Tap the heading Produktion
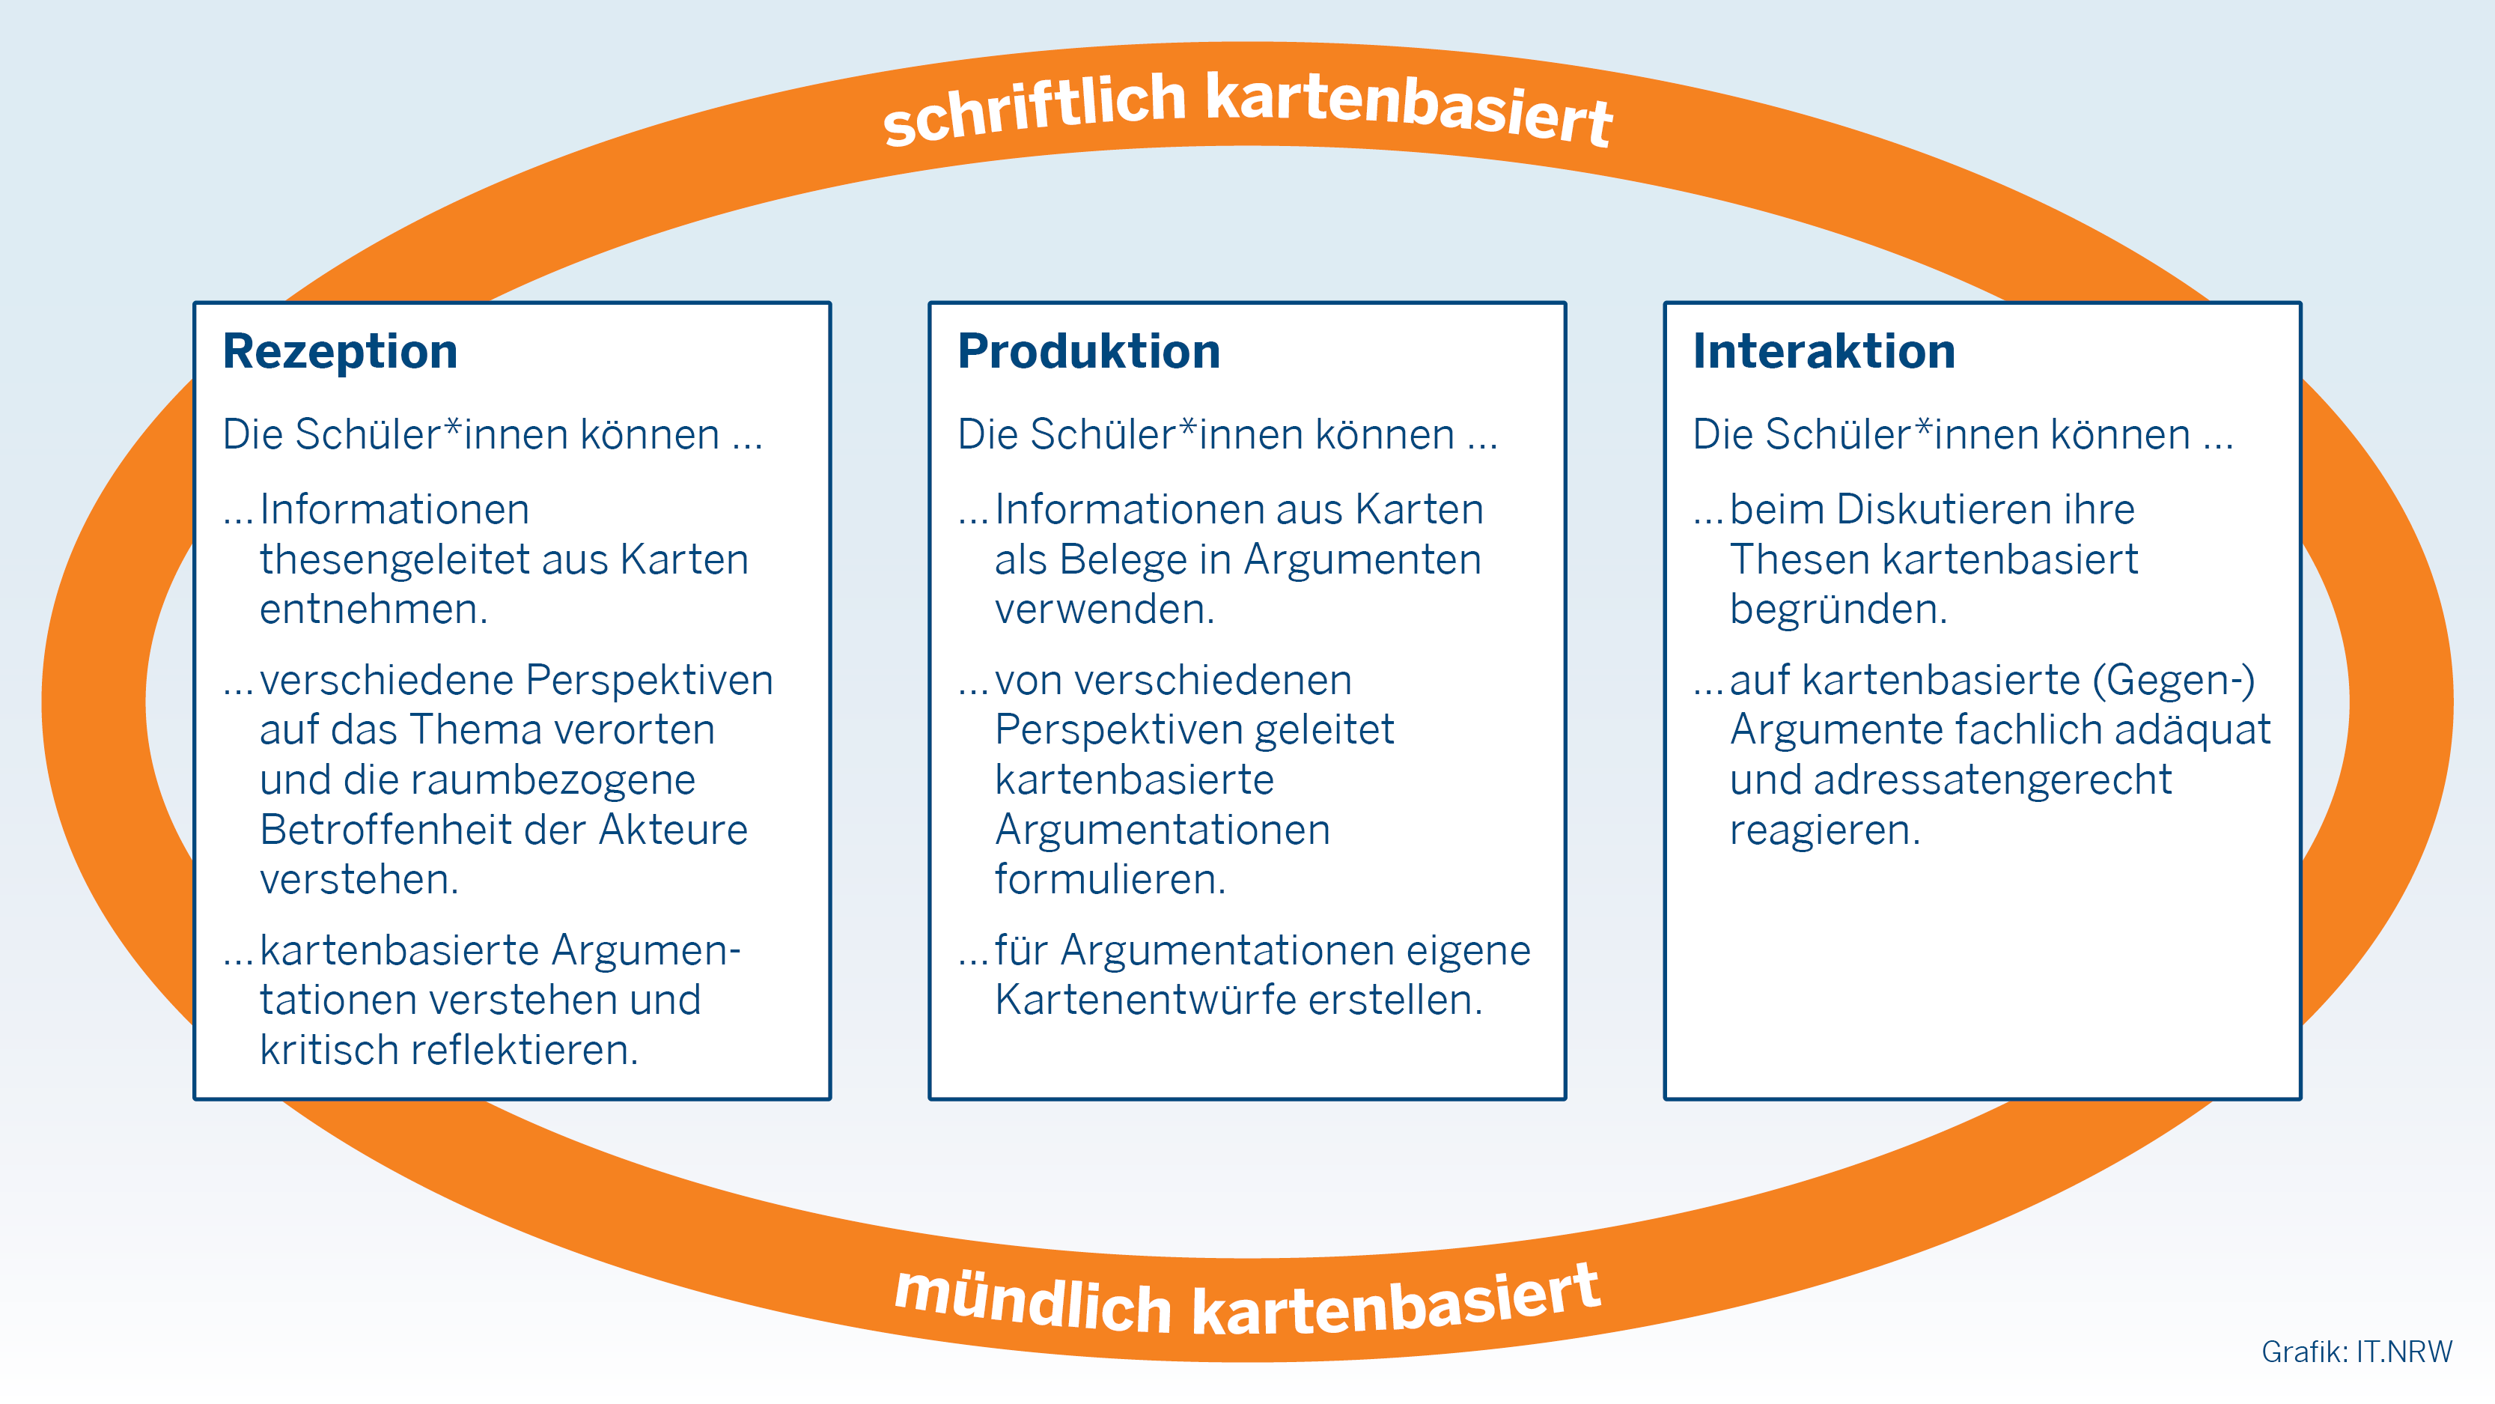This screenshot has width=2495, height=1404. point(1088,350)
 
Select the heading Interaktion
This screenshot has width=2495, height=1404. point(1824,350)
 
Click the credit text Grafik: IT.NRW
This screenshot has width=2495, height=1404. point(2357,1352)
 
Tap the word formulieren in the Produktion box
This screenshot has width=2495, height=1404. point(1110,880)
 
